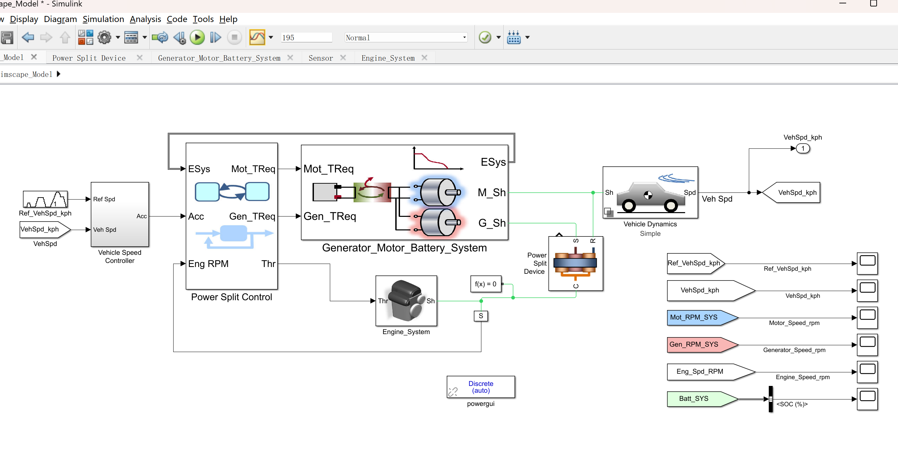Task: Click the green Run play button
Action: click(197, 37)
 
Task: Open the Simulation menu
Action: click(103, 19)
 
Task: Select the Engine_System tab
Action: click(388, 58)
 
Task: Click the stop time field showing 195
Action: click(306, 38)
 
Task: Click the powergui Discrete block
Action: click(480, 387)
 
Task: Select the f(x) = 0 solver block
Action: click(485, 284)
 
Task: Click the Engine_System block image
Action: click(406, 301)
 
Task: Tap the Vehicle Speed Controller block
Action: click(120, 214)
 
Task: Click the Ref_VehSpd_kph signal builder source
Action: click(45, 199)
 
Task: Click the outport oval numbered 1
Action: click(802, 149)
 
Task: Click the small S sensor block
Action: click(481, 316)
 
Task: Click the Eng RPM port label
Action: click(208, 264)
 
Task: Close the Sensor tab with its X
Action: click(343, 58)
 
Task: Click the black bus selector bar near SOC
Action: click(771, 399)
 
